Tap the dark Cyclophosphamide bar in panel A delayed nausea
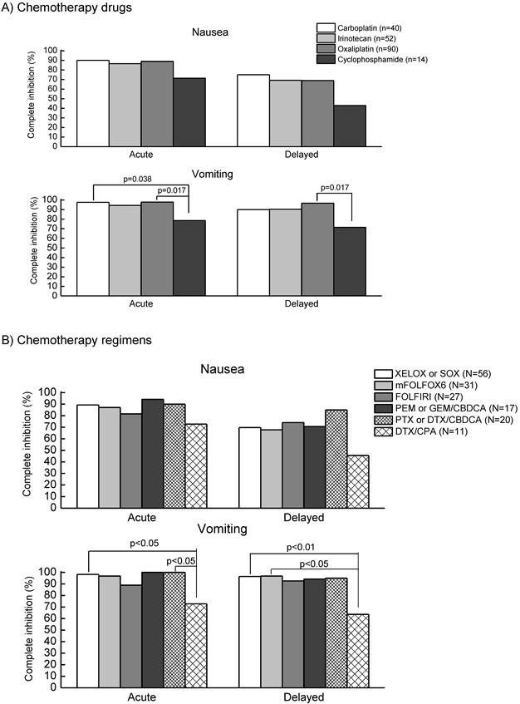[350, 126]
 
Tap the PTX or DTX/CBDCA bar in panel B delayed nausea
[336, 458]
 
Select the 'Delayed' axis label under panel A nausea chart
[302, 155]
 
